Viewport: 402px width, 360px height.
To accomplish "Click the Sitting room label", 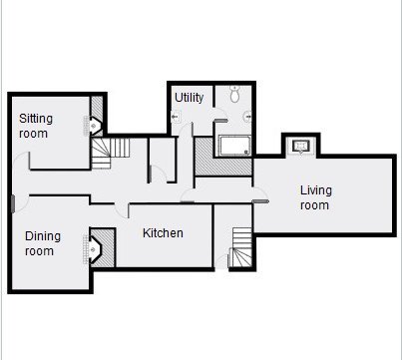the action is coord(36,126).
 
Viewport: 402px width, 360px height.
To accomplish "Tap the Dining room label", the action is coord(43,243).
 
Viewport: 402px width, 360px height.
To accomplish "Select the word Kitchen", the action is coord(163,233).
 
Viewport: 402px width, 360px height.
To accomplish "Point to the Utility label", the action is coord(189,98).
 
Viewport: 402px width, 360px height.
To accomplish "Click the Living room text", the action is coord(316,197).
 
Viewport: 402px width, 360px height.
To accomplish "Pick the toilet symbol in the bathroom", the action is coord(235,94).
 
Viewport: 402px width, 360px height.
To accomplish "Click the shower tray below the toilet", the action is coord(234,146).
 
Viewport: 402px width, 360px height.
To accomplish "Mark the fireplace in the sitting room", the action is coord(94,126).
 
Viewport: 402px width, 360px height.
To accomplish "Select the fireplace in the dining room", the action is coord(93,249).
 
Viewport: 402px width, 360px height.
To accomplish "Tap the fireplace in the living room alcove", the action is coord(301,146).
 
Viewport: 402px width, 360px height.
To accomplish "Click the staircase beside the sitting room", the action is coord(110,153).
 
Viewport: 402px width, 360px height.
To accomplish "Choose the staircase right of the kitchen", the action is coord(241,247).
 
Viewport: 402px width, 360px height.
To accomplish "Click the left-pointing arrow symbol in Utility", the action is coord(175,117).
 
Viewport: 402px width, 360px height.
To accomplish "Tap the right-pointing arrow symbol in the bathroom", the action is coord(248,117).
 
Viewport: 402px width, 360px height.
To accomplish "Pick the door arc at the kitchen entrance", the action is coord(121,210).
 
